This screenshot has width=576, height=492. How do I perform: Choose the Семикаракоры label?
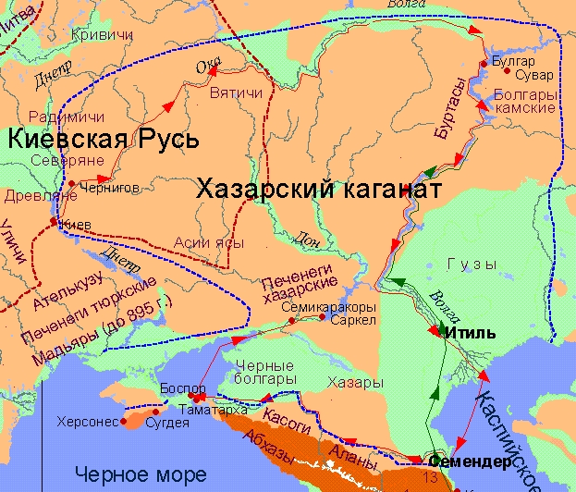[x=317, y=307]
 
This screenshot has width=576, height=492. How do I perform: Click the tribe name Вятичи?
[x=230, y=93]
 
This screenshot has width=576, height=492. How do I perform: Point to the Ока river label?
[x=209, y=67]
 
